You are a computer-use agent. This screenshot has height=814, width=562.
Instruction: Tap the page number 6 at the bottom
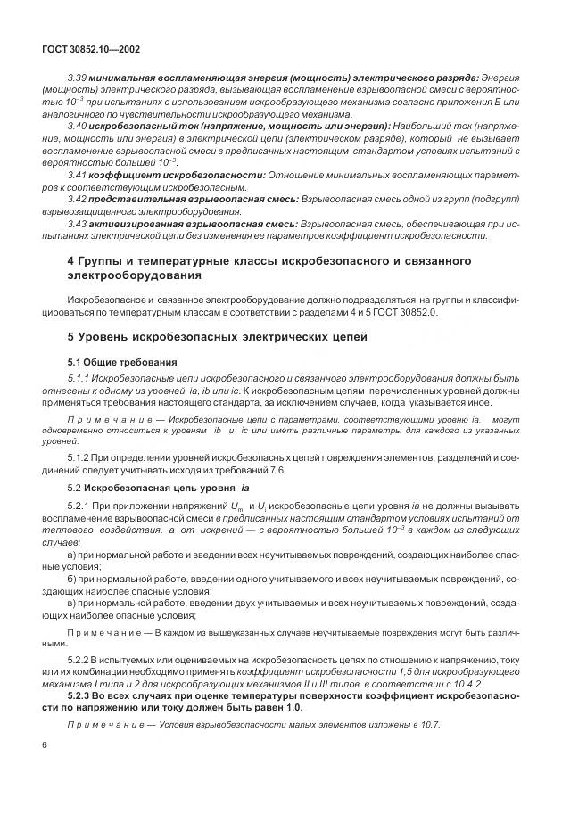(44, 744)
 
